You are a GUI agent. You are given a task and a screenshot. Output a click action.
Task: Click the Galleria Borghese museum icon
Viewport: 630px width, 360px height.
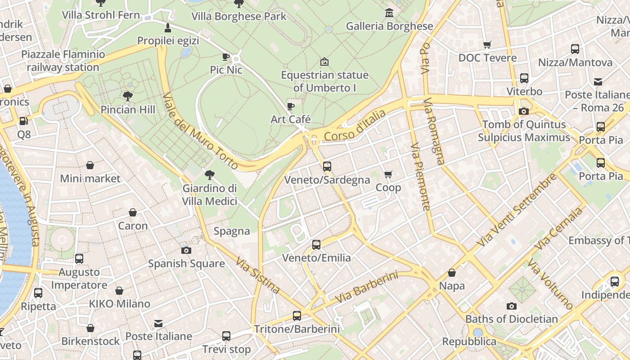click(x=389, y=13)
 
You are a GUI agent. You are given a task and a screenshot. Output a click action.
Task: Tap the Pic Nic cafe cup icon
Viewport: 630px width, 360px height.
click(x=226, y=57)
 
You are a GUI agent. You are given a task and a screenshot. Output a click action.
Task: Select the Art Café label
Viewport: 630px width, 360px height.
click(x=291, y=119)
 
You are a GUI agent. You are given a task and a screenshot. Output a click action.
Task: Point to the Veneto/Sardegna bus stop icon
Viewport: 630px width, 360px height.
click(x=327, y=166)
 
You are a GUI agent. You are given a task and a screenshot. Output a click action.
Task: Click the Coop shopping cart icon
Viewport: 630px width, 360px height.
click(x=388, y=174)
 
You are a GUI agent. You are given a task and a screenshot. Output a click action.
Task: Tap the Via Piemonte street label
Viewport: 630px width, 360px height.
click(x=420, y=177)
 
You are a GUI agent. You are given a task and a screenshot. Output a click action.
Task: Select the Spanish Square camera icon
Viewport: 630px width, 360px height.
click(x=186, y=250)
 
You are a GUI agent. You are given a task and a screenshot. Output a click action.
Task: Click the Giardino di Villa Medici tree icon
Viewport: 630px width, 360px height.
click(x=209, y=175)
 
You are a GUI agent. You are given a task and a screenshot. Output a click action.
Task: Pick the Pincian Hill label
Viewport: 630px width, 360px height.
click(x=128, y=109)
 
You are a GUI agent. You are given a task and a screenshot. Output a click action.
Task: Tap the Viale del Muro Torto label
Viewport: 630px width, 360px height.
click(x=200, y=131)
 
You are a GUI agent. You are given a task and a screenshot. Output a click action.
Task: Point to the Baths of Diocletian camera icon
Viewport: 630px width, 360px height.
click(x=511, y=306)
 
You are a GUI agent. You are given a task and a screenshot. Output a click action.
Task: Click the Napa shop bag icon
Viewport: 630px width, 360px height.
click(x=452, y=273)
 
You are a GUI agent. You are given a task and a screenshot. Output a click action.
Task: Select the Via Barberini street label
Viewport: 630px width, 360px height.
click(x=367, y=287)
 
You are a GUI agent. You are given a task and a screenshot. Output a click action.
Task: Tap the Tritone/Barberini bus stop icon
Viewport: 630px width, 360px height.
click(x=297, y=315)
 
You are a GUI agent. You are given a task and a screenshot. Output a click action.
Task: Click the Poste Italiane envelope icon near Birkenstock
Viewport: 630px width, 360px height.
click(x=158, y=323)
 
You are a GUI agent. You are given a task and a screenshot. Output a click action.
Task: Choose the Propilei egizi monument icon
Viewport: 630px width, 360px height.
click(x=168, y=28)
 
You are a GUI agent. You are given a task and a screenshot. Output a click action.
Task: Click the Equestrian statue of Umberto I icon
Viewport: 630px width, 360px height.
click(x=324, y=62)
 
